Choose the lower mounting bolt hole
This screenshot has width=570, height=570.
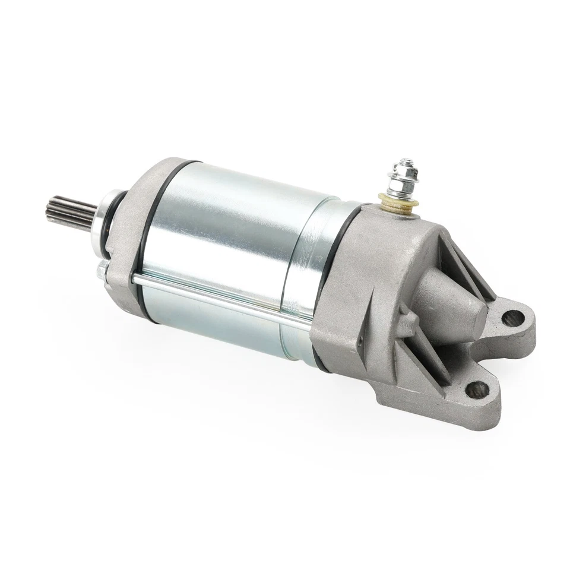[477, 389]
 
